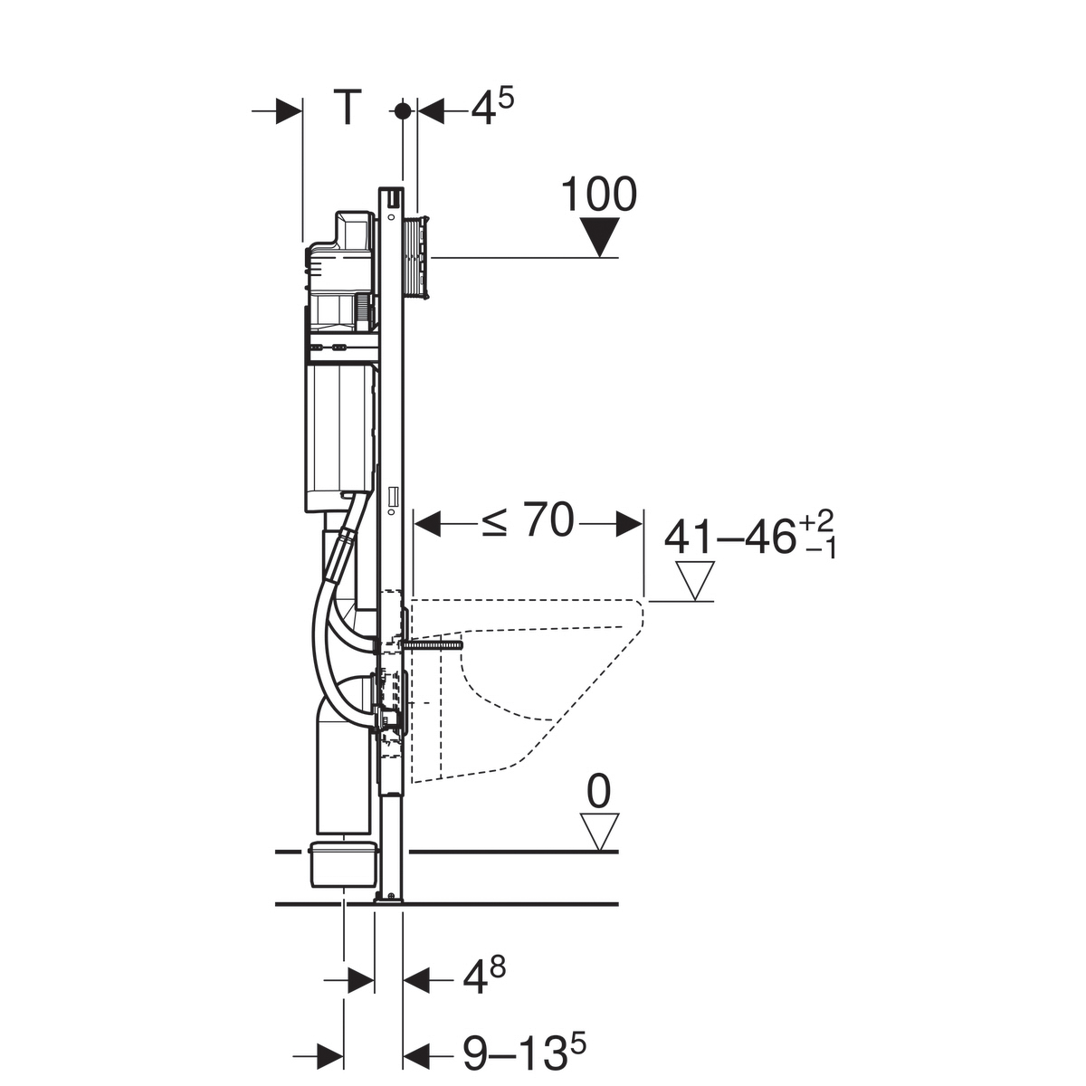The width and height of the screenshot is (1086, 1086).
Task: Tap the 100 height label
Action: click(x=599, y=195)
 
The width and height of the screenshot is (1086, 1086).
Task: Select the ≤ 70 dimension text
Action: click(x=529, y=519)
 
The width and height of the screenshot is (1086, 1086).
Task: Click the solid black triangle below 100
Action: click(x=600, y=237)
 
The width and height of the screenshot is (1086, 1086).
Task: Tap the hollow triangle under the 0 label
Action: click(x=600, y=830)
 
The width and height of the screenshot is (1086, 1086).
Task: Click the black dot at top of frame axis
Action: click(x=403, y=111)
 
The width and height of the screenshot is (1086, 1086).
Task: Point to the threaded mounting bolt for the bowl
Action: click(x=433, y=643)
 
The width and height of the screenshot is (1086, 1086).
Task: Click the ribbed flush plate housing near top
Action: click(x=417, y=257)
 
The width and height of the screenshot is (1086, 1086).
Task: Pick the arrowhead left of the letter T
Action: click(x=289, y=111)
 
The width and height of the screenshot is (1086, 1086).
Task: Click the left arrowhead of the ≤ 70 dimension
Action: click(x=426, y=524)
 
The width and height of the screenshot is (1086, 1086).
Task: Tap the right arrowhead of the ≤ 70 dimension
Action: click(x=629, y=524)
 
